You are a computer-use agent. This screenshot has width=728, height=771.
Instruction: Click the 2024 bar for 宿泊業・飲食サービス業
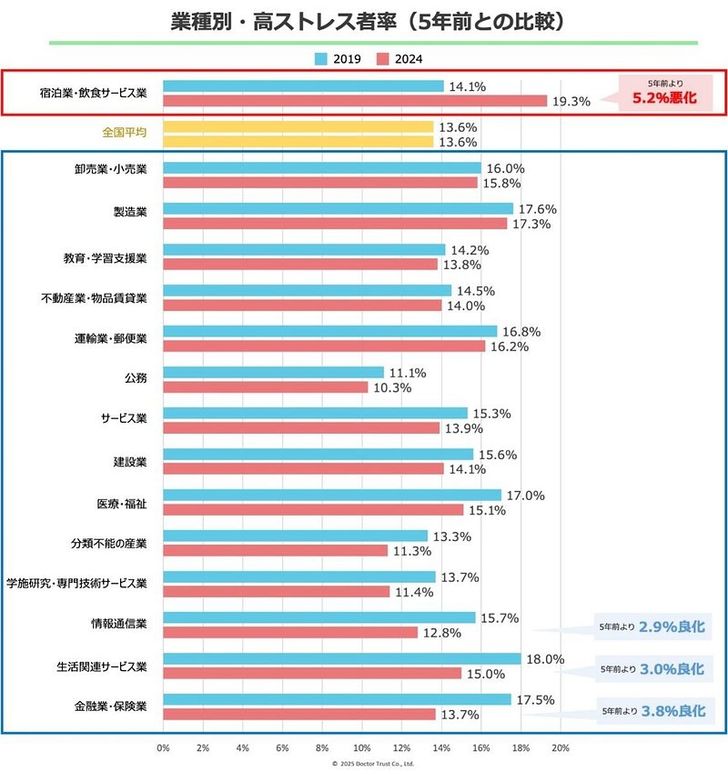355,101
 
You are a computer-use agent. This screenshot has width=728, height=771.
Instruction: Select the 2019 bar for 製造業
338,209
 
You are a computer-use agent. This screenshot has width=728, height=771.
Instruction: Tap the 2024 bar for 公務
265,387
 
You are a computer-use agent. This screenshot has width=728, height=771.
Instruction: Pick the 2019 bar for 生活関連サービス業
341,659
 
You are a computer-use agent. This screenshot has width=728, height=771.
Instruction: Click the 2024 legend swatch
384,59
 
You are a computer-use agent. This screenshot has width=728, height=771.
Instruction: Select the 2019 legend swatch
321,59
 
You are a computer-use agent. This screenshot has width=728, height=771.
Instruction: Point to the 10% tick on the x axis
362,747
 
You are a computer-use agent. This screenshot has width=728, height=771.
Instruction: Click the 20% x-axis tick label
561,747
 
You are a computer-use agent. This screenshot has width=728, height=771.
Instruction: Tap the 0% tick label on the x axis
163,747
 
